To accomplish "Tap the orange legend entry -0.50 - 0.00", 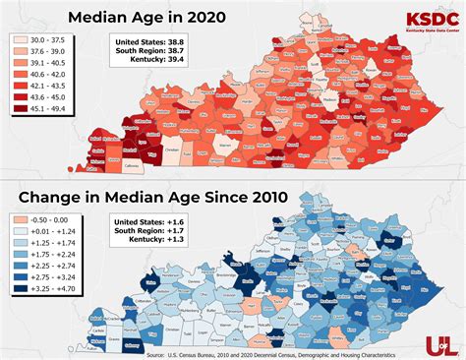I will point(34,220).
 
